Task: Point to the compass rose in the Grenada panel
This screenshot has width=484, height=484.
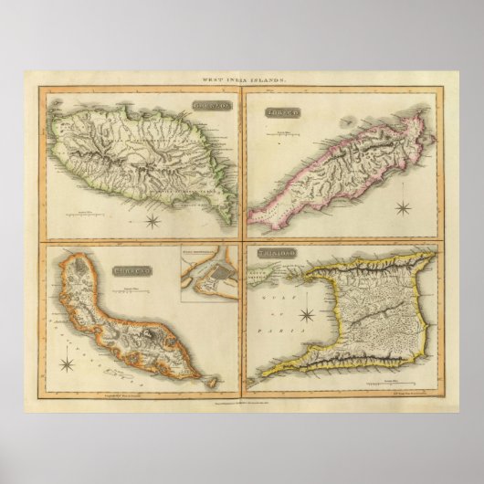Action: pos(153,219)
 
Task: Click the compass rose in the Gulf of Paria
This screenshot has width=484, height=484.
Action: pos(309,317)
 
